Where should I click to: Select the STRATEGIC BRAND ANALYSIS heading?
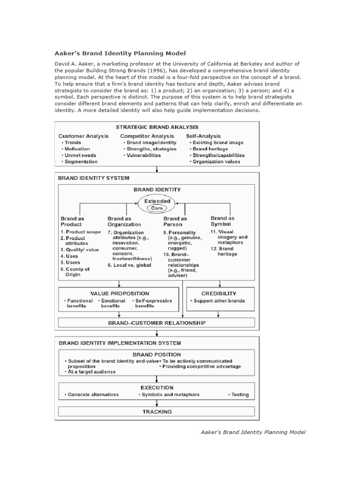pyautogui.click(x=157, y=127)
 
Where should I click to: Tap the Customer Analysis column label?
pyautogui.click(x=83, y=136)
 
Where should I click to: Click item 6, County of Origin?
pyautogui.click(x=77, y=272)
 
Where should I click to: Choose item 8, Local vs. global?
pyautogui.click(x=129, y=265)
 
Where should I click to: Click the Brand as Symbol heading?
pyautogui.click(x=222, y=221)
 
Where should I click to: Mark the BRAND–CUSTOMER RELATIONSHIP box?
pyautogui.click(x=157, y=322)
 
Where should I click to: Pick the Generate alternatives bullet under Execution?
pyautogui.click(x=93, y=395)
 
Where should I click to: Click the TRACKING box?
pyautogui.click(x=157, y=412)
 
